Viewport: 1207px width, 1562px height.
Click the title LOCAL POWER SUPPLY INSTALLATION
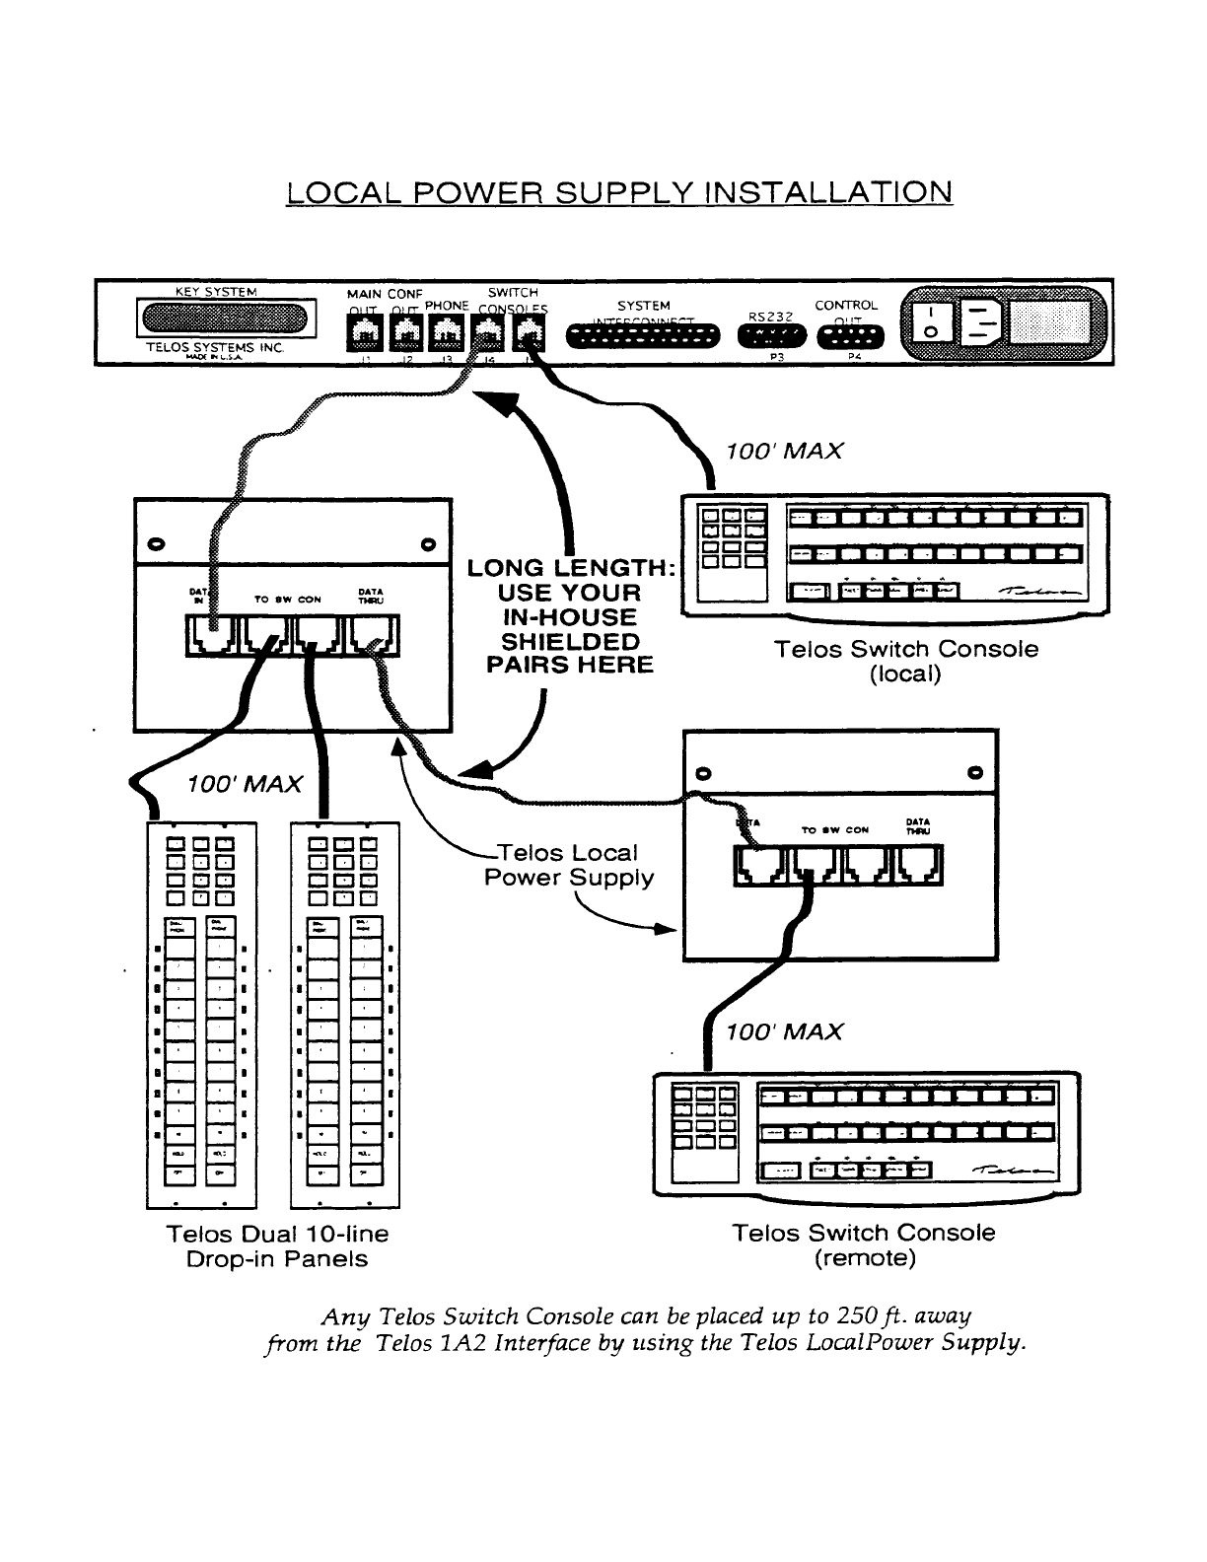(x=619, y=191)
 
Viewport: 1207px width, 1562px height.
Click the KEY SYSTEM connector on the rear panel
(x=227, y=319)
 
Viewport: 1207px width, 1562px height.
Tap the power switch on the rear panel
(x=930, y=321)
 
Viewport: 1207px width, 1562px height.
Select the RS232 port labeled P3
(x=771, y=336)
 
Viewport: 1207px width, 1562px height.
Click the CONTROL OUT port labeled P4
(x=851, y=336)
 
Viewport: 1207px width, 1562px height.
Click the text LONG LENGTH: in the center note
(x=572, y=568)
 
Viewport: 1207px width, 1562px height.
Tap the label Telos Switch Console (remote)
(x=864, y=1245)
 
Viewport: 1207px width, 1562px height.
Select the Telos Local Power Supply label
(x=569, y=865)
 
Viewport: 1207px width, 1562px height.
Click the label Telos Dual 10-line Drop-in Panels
(x=277, y=1246)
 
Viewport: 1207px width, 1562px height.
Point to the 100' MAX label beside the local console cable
(x=784, y=451)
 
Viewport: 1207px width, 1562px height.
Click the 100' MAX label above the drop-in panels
(x=244, y=784)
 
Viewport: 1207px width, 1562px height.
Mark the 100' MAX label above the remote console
(x=784, y=1031)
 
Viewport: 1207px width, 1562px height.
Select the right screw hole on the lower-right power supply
(x=975, y=771)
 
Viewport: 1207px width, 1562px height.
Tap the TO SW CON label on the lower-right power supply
(x=835, y=830)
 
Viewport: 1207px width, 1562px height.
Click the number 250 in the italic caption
(x=851, y=1316)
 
